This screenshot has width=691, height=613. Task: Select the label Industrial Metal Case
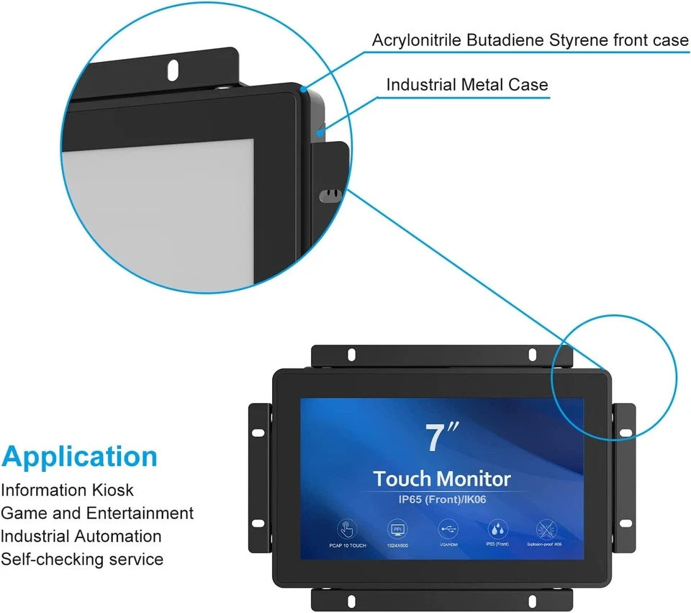[x=467, y=84]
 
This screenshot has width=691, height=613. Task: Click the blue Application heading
[x=79, y=456]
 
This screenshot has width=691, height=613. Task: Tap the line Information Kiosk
[x=67, y=490]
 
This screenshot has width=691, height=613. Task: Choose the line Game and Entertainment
[x=97, y=513]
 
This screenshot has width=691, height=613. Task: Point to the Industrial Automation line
[x=81, y=536]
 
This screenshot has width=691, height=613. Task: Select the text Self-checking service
[x=82, y=559]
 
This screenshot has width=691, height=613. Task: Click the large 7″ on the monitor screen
[x=441, y=439]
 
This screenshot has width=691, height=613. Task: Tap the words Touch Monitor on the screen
[x=441, y=478]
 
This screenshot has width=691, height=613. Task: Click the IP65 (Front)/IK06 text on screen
[x=441, y=497]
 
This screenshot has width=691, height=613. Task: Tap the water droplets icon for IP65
[x=497, y=529]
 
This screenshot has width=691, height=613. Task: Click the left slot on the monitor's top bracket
[x=351, y=355]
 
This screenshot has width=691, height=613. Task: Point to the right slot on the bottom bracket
[x=532, y=599]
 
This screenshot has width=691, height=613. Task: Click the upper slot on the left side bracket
[x=257, y=432]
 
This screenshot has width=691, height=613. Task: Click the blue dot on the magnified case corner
[x=304, y=90]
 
